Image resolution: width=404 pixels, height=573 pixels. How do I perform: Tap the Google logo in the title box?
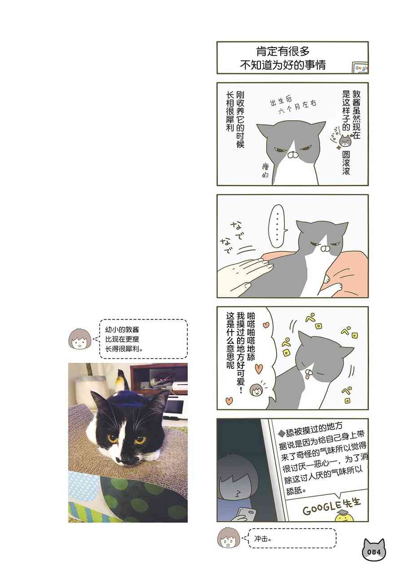[360, 68]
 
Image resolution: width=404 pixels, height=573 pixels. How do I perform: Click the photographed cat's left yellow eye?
[112, 438]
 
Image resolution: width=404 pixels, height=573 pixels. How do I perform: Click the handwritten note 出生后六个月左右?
[293, 105]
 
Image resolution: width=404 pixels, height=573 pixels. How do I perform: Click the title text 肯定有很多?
[283, 52]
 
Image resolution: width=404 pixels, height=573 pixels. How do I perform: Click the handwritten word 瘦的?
[265, 171]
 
